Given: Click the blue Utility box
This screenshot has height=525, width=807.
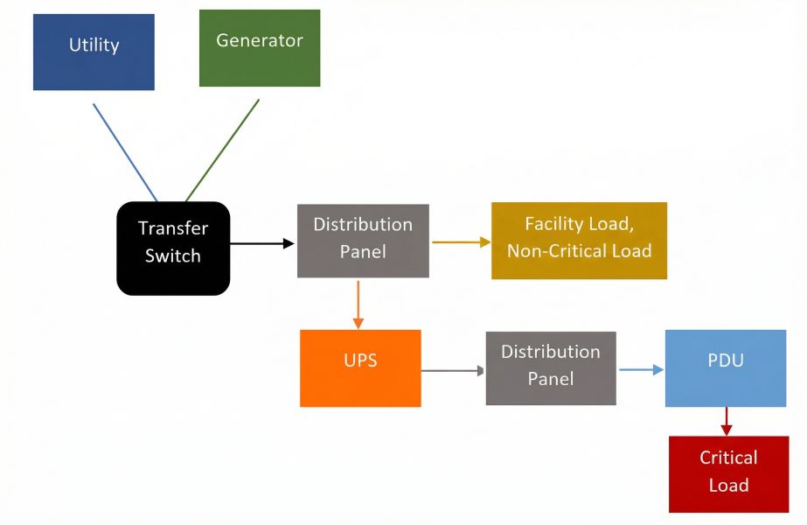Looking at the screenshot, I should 94,52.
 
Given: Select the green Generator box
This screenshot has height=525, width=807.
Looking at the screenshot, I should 260,48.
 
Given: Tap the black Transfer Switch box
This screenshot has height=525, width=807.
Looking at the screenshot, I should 173,248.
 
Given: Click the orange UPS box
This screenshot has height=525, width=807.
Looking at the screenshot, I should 360,368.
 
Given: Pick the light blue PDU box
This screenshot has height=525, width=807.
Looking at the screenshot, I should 725,368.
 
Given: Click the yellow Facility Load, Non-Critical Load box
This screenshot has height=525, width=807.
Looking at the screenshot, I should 579,241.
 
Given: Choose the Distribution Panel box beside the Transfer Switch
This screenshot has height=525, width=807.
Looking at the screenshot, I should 363,241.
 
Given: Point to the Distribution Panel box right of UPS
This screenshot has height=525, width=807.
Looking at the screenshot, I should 550,368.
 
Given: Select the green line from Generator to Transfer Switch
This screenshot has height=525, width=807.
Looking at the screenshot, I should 222,150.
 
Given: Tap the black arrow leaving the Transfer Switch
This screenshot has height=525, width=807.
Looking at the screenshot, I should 261,243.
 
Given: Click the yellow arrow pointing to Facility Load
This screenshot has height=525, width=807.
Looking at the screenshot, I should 461,242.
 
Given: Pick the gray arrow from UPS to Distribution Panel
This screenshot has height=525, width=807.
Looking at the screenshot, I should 452,370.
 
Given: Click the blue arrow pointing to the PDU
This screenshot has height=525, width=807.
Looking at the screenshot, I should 641,369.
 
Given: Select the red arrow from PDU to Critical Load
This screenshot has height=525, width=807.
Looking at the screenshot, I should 726,421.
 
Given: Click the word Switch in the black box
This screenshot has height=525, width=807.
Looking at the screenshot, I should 173,256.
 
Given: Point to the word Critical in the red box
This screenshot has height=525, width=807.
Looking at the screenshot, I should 728,458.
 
